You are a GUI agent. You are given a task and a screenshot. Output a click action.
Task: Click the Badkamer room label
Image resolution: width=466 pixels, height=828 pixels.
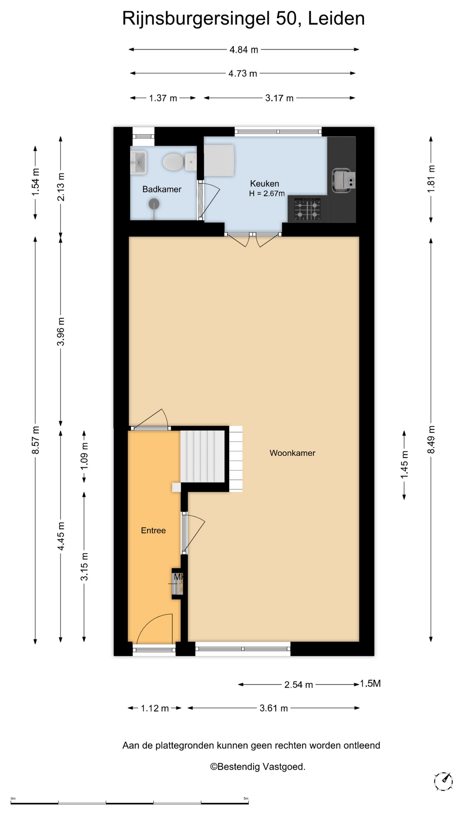click(x=162, y=189)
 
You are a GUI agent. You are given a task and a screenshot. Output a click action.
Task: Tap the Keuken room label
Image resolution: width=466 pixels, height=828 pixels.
click(x=264, y=184)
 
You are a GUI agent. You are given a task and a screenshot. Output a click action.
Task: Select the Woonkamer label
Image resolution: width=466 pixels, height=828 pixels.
click(x=293, y=453)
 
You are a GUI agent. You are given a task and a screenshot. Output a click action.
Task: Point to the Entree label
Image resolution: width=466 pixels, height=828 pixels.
click(x=153, y=530)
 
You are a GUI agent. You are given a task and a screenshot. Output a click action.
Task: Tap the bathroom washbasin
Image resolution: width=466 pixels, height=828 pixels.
click(x=139, y=162)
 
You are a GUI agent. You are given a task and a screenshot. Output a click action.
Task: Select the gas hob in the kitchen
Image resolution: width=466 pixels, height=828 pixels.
click(x=308, y=209)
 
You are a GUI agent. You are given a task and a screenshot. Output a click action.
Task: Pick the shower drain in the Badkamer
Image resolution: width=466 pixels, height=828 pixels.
click(x=153, y=204)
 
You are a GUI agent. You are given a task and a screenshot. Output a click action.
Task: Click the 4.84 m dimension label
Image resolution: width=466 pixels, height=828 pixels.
click(x=244, y=50)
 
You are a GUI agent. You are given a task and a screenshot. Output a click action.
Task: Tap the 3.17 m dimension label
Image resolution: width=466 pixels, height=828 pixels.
click(x=279, y=98)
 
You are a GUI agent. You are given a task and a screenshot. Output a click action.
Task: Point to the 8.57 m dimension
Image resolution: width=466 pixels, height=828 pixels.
click(x=35, y=440)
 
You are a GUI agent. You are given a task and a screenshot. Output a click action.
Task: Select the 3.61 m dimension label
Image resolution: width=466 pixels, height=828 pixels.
click(x=274, y=708)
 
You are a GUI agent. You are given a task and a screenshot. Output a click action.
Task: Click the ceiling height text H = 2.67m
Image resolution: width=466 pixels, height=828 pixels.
click(x=267, y=194)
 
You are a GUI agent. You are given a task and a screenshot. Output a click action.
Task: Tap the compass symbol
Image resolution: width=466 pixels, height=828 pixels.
click(x=443, y=781)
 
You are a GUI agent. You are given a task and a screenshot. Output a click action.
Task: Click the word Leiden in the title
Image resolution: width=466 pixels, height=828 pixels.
click(x=336, y=19)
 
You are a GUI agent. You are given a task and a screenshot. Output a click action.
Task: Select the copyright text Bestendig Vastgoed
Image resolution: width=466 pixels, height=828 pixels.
click(x=258, y=767)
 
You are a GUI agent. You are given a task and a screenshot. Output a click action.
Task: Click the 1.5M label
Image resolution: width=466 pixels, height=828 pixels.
click(x=370, y=684)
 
